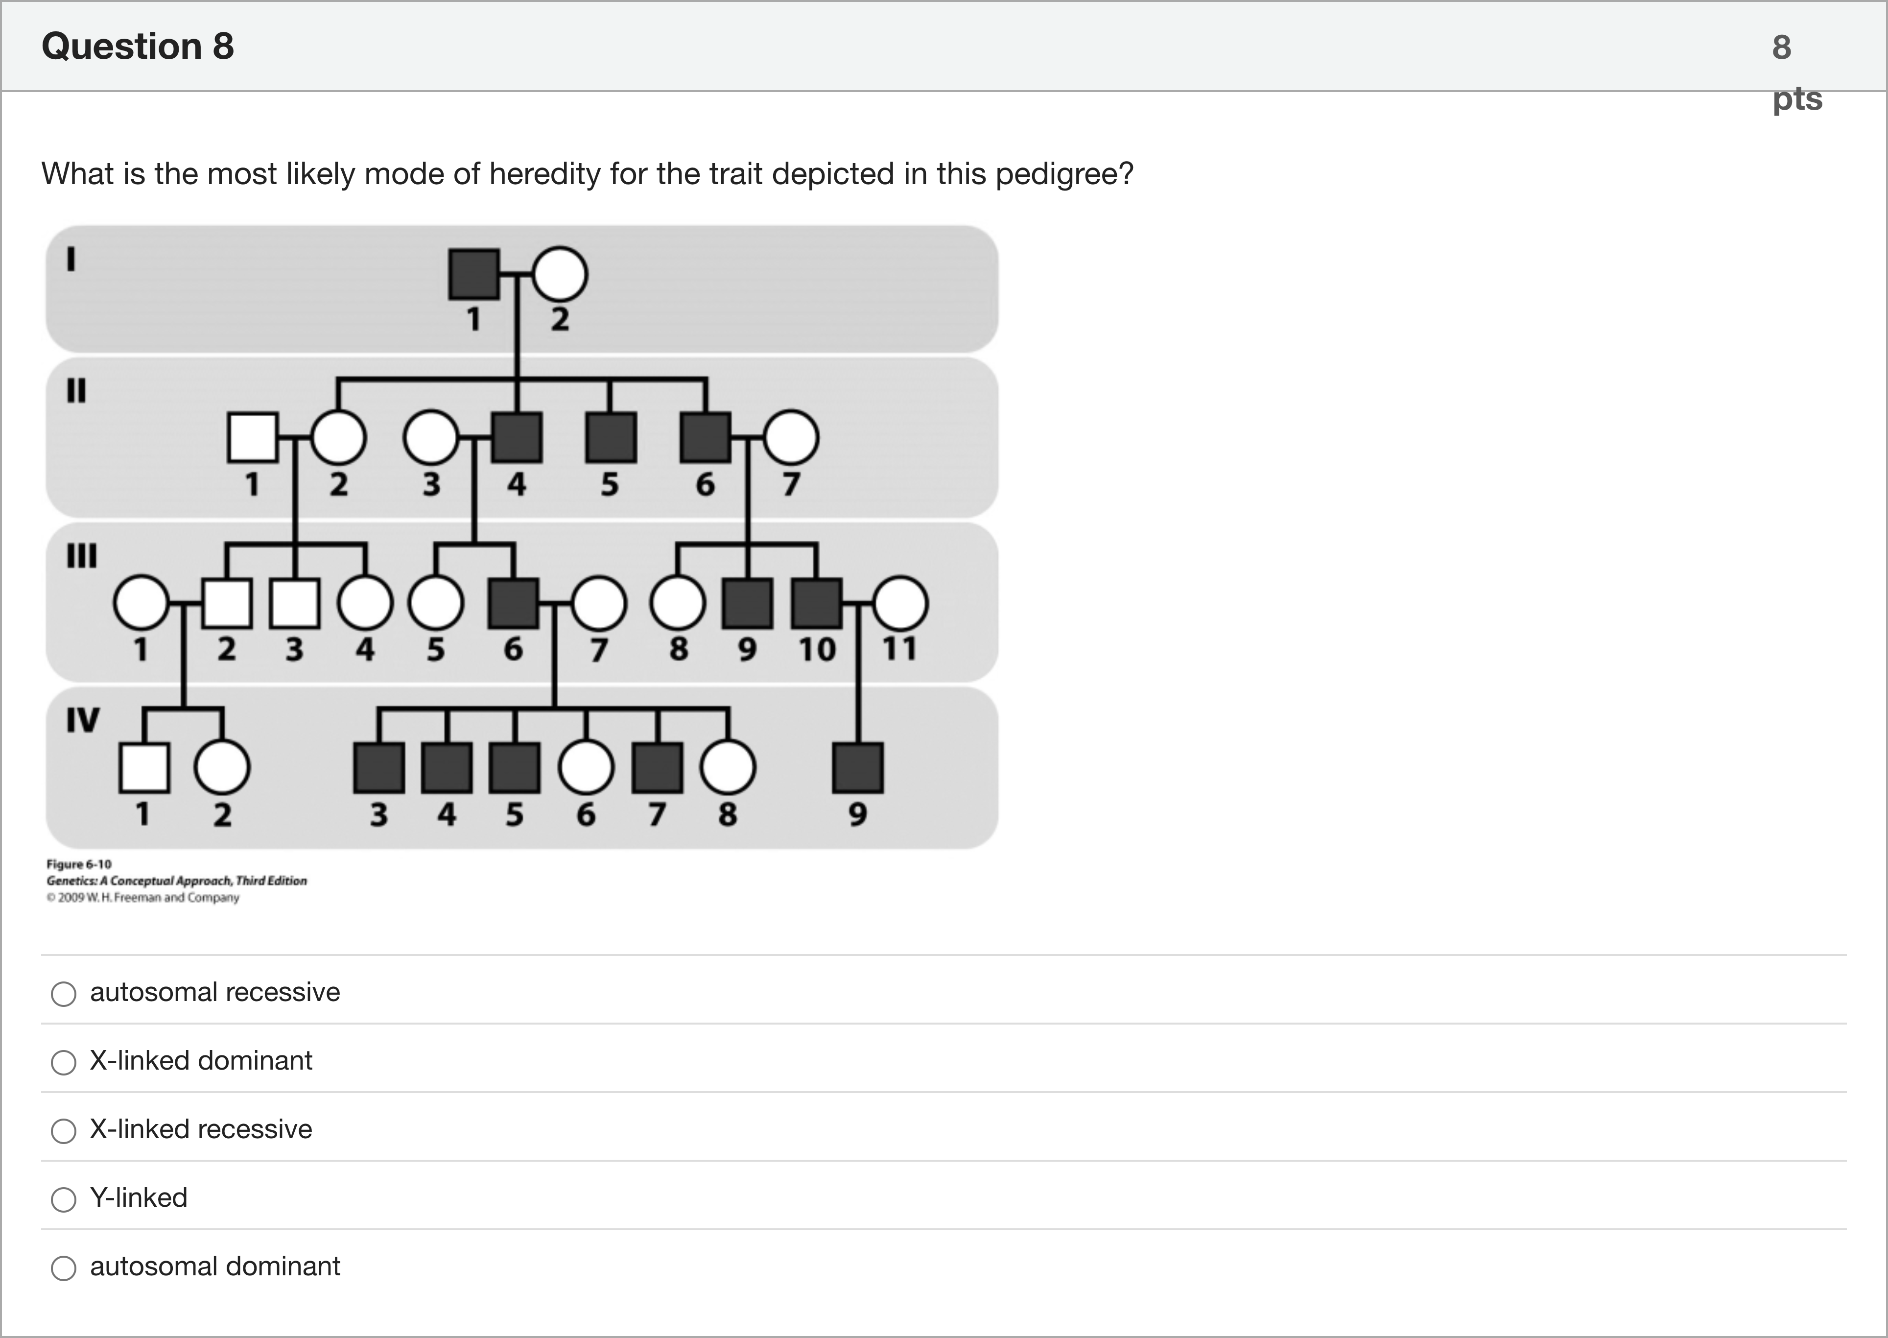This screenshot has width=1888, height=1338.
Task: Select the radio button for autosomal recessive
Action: (64, 994)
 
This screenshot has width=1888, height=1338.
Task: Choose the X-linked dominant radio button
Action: (64, 1062)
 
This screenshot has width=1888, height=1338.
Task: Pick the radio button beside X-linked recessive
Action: (64, 1130)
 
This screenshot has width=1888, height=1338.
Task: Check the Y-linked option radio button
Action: (64, 1199)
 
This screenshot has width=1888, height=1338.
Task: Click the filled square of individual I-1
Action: (473, 274)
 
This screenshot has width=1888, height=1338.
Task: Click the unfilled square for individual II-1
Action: (252, 437)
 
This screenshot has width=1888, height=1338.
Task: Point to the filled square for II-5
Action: (611, 437)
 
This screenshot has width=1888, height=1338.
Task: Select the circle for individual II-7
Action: (791, 437)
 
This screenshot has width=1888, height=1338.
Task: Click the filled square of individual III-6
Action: (513, 603)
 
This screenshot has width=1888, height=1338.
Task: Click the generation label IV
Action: (82, 720)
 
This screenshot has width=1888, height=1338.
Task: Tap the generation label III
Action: (82, 555)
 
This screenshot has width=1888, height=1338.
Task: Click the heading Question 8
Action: (138, 46)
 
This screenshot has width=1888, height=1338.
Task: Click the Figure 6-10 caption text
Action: (79, 864)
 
